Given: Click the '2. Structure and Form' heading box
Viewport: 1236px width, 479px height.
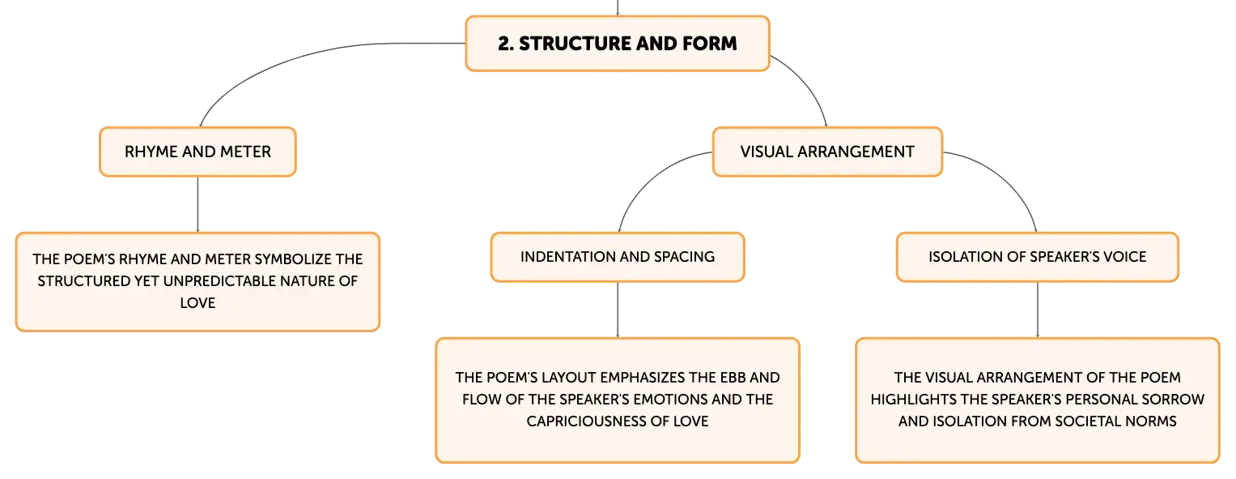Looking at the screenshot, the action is (x=618, y=44).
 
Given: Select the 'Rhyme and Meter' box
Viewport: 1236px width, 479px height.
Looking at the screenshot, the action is (x=198, y=152).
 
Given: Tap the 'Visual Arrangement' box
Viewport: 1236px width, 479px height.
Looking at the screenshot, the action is (x=827, y=152).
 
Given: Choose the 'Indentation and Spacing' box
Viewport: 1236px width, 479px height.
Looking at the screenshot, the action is (x=618, y=257).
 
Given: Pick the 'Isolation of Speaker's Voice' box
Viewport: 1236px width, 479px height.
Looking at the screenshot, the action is (x=1038, y=257).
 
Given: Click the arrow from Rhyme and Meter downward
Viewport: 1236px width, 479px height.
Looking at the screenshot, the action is (x=198, y=204).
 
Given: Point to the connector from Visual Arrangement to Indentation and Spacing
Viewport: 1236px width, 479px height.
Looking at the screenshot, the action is (x=651, y=180).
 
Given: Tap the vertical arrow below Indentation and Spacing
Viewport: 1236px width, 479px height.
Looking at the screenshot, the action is (x=618, y=310).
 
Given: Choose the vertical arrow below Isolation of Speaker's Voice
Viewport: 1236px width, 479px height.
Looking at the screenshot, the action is (x=1038, y=310).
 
